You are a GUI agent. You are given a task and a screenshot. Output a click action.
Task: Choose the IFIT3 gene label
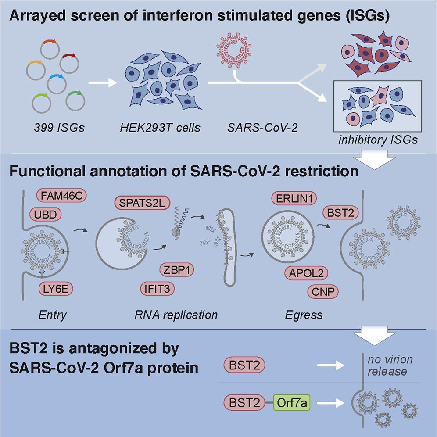pyautogui.click(x=157, y=288)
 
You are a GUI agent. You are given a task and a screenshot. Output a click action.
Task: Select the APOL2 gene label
pyautogui.click(x=306, y=273)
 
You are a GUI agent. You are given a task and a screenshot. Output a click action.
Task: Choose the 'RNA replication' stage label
pyautogui.click(x=176, y=315)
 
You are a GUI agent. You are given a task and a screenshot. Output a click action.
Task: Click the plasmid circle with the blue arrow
pyautogui.click(x=57, y=83)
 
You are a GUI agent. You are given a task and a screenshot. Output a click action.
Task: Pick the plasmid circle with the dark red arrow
pyautogui.click(x=69, y=63)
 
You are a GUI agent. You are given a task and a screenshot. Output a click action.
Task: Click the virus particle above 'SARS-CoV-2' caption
pyautogui.click(x=229, y=55)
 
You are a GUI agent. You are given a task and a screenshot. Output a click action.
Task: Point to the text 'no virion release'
pyautogui.click(x=384, y=365)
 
